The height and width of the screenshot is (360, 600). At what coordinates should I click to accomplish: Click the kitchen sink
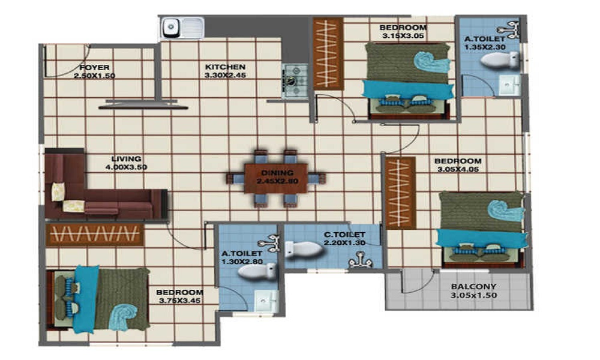click(182, 28)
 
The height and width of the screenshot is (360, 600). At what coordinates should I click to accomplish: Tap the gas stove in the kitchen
click(295, 81)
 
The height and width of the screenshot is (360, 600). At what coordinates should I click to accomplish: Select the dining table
click(276, 178)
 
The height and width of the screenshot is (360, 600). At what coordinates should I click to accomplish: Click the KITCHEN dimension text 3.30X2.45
click(225, 76)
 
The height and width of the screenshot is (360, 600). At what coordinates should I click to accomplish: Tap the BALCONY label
click(473, 286)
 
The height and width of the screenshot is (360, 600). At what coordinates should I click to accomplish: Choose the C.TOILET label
click(344, 235)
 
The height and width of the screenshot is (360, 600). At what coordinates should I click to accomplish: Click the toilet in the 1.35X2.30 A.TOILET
click(499, 60)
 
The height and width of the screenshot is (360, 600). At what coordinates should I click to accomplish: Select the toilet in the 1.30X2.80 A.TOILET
click(257, 271)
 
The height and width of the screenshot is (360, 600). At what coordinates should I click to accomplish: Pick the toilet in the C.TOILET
click(304, 250)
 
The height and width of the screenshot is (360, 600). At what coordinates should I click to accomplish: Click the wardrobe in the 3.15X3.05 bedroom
click(328, 54)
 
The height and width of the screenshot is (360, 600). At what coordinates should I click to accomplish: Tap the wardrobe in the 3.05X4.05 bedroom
click(400, 193)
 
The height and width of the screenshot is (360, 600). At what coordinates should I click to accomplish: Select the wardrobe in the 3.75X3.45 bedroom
click(95, 235)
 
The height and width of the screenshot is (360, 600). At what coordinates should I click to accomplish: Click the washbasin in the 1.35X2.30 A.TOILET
click(509, 85)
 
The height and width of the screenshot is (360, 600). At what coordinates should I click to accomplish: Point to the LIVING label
click(126, 159)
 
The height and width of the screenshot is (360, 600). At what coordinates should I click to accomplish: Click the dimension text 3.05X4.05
click(458, 169)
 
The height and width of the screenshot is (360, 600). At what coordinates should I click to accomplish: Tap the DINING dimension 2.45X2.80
click(277, 181)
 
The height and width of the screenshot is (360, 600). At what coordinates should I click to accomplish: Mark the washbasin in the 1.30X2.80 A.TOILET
click(266, 301)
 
